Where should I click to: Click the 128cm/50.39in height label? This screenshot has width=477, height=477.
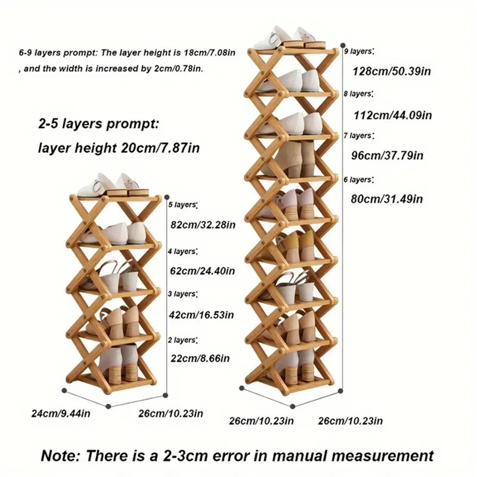click(392, 72)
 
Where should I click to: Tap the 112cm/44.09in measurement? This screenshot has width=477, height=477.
click(393, 115)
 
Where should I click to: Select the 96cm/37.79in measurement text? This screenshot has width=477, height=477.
click(387, 156)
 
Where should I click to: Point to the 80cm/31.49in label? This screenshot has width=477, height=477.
click(387, 199)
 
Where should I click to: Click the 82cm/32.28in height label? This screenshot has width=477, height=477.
click(203, 225)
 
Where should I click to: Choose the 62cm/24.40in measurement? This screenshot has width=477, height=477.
click(202, 271)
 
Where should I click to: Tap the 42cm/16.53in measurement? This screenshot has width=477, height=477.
click(202, 315)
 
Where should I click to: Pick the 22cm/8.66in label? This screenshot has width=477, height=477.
click(200, 358)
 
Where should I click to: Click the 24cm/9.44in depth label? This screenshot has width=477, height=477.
click(61, 414)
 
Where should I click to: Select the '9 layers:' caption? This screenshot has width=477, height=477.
click(360, 51)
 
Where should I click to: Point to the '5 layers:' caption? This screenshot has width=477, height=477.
click(183, 205)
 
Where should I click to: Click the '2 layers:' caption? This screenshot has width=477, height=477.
click(183, 340)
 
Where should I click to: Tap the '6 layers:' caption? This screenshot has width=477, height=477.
click(359, 180)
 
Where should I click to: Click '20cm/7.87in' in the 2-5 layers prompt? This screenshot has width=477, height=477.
click(160, 148)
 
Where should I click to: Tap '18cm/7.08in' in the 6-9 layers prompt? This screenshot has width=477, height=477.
click(210, 52)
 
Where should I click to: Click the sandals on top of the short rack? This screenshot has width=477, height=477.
click(113, 185)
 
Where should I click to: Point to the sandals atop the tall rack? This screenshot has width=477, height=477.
click(289, 38)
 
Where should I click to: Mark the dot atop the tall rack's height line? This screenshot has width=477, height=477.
click(343, 46)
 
